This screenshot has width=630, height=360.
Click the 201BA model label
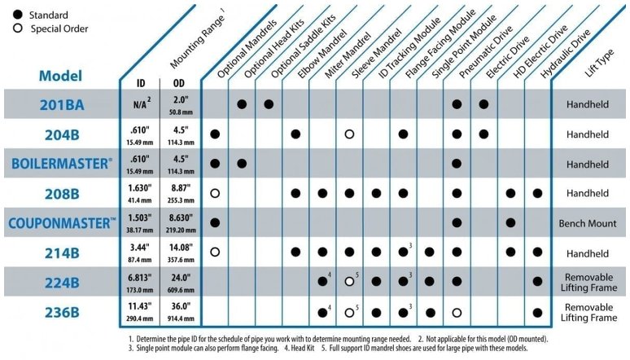(62, 104)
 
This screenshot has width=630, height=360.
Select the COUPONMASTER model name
(63, 223)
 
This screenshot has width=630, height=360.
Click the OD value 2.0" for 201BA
(181, 99)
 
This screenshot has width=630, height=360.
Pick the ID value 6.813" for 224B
(140, 278)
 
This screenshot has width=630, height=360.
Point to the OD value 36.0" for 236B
(181, 306)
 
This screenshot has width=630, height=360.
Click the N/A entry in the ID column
(140, 104)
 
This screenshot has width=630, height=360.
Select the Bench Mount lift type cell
(588, 224)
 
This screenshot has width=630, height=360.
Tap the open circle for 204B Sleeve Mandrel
(349, 134)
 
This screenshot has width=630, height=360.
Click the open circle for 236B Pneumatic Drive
(457, 313)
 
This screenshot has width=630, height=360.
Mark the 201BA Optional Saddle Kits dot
(269, 104)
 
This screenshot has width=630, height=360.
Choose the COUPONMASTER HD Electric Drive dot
(510, 223)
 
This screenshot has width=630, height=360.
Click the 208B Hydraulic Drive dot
(537, 194)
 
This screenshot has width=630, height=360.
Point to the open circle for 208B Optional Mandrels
(215, 194)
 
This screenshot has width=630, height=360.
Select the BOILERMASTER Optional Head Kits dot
(242, 164)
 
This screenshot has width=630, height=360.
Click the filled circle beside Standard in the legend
(18, 15)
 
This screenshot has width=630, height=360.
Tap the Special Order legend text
(59, 29)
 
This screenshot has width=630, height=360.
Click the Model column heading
(61, 76)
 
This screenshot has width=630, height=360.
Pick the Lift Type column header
(599, 63)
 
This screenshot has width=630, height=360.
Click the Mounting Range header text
(197, 42)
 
